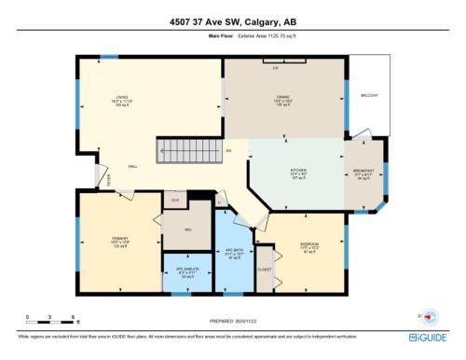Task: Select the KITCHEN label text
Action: point(298,170)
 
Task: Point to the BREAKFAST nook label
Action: point(363,172)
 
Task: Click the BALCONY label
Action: point(371,95)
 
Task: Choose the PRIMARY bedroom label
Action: point(119,239)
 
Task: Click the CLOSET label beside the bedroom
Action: point(265,269)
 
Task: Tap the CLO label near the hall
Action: point(174,199)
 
